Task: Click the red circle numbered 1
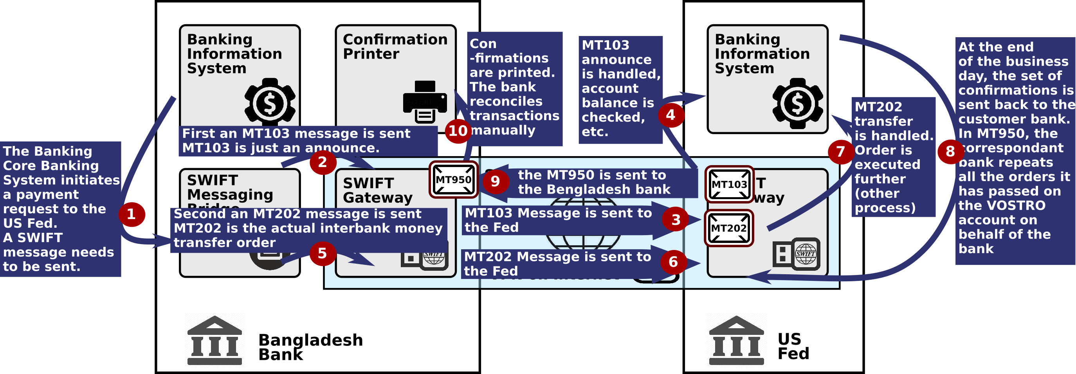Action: pos(132,214)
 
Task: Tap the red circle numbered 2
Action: pos(323,162)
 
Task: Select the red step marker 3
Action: pos(676,219)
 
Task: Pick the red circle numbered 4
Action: pos(670,115)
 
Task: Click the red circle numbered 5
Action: pos(322,253)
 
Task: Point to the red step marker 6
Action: pos(673,262)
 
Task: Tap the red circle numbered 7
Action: pos(840,151)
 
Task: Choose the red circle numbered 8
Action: pos(950,151)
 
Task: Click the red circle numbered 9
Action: pos(495,181)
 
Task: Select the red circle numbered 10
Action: pos(458,131)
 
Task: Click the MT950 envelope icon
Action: pos(453,180)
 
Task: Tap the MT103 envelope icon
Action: pos(729,185)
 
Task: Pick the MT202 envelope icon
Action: pos(729,228)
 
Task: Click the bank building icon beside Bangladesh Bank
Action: pos(214,340)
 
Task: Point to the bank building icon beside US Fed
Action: pos(736,340)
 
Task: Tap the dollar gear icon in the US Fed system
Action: pos(797,103)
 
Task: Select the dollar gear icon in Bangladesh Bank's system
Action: pos(270,103)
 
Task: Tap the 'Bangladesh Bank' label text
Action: pos(310,347)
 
